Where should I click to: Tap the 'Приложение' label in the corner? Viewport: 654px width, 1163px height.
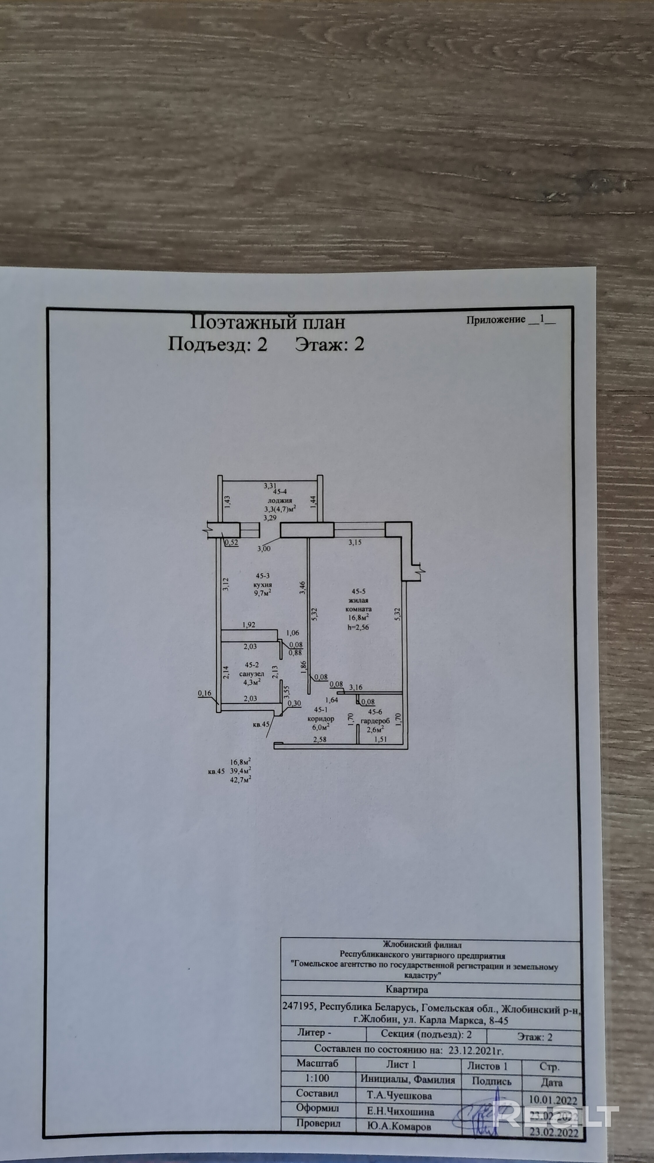pyautogui.click(x=496, y=320)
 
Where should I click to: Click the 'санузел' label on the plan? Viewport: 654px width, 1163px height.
pyautogui.click(x=251, y=674)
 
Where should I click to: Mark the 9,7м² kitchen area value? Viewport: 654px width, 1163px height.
pyautogui.click(x=263, y=593)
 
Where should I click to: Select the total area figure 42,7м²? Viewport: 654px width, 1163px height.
pyautogui.click(x=241, y=779)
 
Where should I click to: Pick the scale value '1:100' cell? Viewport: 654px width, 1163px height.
pyautogui.click(x=317, y=1078)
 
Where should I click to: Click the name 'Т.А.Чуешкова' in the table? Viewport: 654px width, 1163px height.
pyautogui.click(x=399, y=1095)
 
